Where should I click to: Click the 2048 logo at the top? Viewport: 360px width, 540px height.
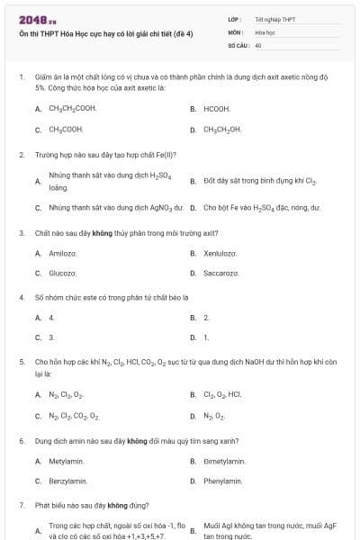(x=31, y=19)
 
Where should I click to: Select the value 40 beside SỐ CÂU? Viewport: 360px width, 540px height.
(x=258, y=43)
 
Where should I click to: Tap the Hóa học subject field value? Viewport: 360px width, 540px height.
(x=265, y=31)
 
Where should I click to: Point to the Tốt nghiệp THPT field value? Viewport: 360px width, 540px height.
(x=274, y=18)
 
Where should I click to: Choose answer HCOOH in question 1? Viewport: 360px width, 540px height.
(x=217, y=108)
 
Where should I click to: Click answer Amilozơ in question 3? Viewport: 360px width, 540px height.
(x=62, y=253)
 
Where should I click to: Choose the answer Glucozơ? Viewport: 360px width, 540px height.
(x=62, y=273)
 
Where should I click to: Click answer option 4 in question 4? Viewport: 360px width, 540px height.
(x=51, y=317)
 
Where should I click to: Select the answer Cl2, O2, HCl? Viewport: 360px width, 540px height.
(x=222, y=394)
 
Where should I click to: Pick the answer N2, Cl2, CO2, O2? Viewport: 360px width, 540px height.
(x=74, y=416)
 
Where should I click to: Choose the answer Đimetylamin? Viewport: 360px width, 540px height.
(x=224, y=461)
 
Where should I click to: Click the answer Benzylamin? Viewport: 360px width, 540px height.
(x=67, y=481)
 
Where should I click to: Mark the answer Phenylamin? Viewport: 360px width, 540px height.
(x=223, y=481)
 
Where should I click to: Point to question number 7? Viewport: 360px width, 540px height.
(x=21, y=505)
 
